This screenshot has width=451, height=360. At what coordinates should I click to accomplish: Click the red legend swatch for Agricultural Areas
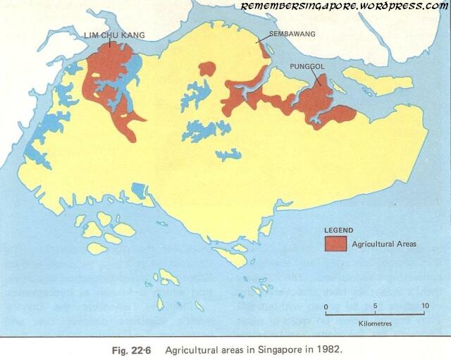click(x=335, y=244)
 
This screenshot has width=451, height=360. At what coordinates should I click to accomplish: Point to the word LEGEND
click(x=338, y=231)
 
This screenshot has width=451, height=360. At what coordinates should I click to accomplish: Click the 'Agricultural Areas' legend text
click(x=385, y=244)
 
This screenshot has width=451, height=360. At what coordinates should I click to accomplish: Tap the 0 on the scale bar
click(x=326, y=306)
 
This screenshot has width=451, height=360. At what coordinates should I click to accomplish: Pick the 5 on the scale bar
click(x=376, y=306)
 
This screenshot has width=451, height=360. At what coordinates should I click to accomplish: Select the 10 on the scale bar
click(x=424, y=306)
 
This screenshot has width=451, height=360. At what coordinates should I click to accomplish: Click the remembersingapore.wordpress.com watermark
click(x=345, y=6)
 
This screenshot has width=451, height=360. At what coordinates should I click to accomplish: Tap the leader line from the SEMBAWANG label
click(x=262, y=39)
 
